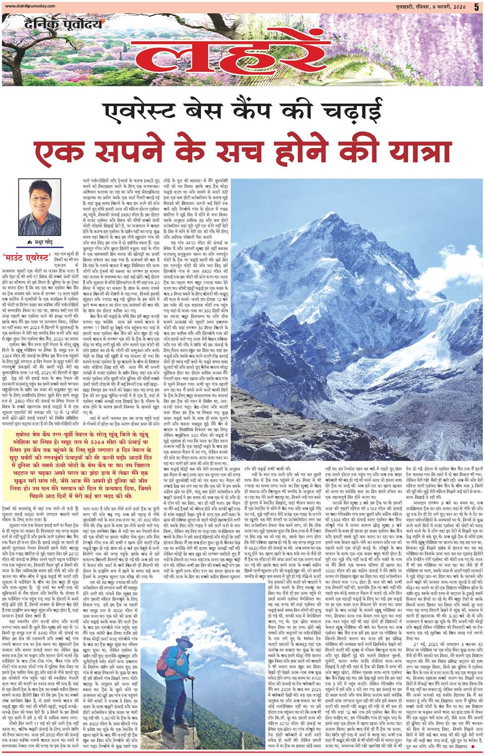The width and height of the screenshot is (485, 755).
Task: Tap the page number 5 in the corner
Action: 476,7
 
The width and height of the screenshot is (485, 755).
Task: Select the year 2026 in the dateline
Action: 461,7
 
